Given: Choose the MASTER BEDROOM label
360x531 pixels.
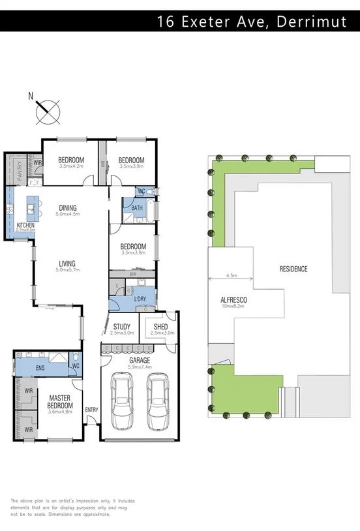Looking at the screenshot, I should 59,400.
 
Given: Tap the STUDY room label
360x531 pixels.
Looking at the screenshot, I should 122,326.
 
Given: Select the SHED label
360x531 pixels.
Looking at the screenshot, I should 160,326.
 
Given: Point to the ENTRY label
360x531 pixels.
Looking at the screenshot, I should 91,410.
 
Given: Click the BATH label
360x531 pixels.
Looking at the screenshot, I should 137,208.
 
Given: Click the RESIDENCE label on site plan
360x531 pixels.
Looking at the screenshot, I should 293,269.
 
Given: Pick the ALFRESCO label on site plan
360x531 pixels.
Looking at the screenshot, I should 233,300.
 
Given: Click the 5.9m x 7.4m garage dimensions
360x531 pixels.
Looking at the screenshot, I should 139,367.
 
